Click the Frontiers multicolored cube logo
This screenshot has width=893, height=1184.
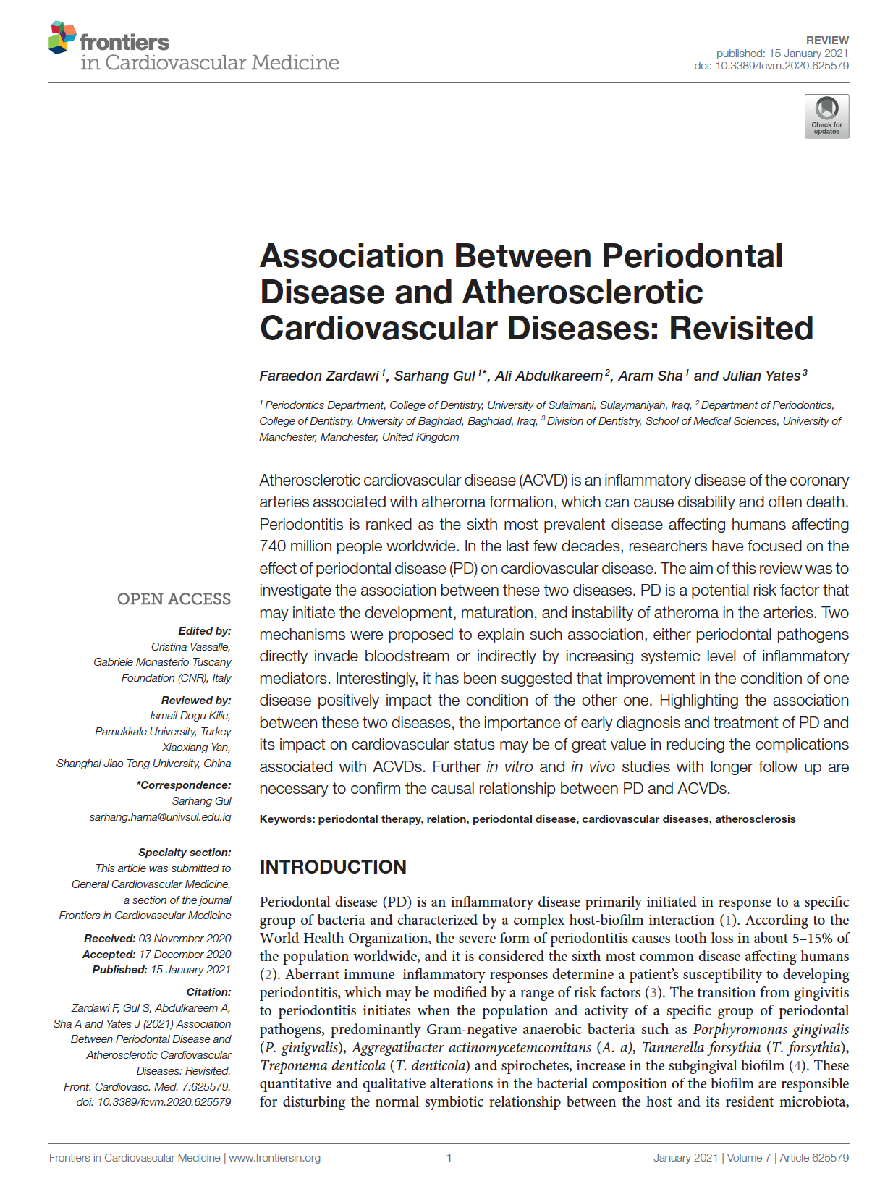point(62,38)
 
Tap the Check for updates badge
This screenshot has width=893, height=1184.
point(826,117)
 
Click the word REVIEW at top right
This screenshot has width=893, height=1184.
point(827,41)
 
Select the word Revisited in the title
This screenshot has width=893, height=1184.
point(741,329)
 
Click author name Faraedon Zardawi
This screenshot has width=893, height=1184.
point(319,376)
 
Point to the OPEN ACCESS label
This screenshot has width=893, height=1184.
point(174,599)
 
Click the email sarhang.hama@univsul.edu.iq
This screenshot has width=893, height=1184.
point(160,817)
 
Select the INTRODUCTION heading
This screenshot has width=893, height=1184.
point(333,867)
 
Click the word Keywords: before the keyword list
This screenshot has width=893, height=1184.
point(287,819)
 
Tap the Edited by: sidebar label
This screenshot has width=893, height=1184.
point(205,631)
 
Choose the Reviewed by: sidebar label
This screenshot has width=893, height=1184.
point(196,701)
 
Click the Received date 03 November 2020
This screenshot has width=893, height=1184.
point(185,939)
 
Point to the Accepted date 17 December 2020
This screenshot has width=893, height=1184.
point(185,955)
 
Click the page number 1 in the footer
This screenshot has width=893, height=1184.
point(449,1158)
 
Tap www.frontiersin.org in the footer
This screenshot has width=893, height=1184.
point(274,1158)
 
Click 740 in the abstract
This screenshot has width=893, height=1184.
point(274,546)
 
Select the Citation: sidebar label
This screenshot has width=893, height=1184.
point(208,992)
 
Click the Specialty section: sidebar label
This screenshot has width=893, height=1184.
point(185,853)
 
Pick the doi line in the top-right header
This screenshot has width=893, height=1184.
point(771,66)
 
